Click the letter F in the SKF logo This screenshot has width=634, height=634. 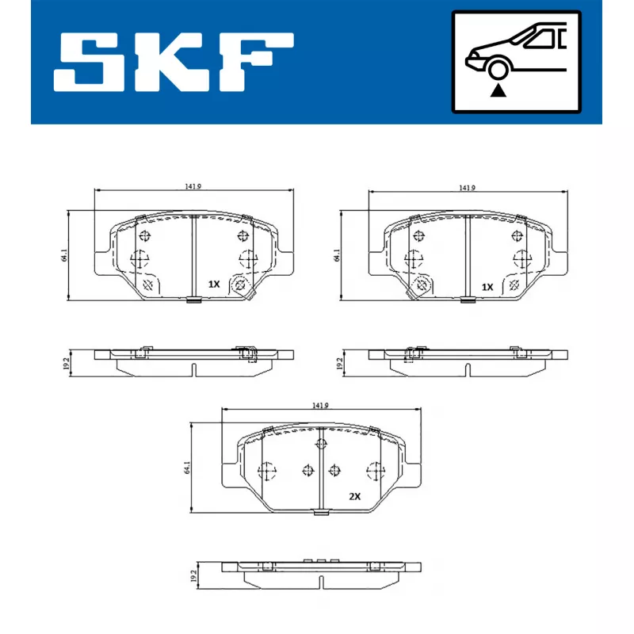(x=254, y=62)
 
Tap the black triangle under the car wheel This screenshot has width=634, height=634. (x=498, y=90)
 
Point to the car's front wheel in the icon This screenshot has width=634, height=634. (x=498, y=69)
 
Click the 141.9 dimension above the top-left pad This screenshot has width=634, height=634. (x=193, y=186)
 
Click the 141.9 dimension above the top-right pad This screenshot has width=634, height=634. (x=468, y=188)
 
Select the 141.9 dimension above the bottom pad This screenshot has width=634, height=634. (x=320, y=405)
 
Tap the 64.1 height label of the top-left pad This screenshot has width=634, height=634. (x=64, y=255)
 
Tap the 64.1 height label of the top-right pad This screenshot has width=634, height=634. (x=337, y=255)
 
